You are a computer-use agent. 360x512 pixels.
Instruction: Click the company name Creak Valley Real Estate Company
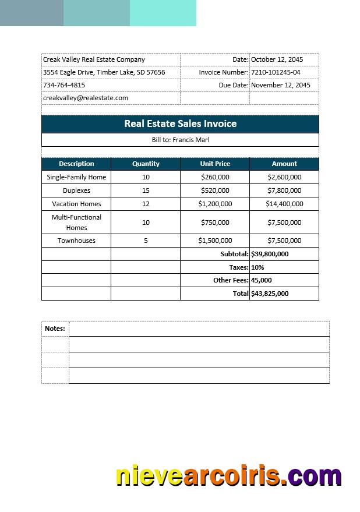point(94,59)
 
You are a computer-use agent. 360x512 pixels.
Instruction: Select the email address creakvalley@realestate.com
point(86,98)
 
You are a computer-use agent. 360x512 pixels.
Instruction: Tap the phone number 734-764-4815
point(64,85)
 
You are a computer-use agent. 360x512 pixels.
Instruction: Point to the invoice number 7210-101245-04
point(276,72)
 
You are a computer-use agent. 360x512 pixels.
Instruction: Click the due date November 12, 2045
point(280,85)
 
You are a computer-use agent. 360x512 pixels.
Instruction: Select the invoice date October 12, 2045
point(277,59)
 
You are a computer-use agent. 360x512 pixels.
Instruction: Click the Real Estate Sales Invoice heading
point(180,123)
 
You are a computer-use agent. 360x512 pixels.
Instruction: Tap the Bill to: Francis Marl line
point(180,140)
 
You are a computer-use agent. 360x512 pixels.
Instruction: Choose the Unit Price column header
point(215,164)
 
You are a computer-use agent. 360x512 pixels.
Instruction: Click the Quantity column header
point(146,164)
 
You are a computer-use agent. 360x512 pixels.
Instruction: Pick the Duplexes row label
point(76,190)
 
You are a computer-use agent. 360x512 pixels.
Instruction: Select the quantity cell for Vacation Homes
point(146,204)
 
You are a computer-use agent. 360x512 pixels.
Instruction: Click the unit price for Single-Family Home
point(215,177)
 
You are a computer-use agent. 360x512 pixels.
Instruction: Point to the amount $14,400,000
point(284,204)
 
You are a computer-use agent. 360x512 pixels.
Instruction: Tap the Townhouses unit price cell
point(215,241)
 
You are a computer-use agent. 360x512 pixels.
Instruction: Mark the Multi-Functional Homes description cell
point(76,223)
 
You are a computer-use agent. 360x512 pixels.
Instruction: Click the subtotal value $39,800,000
point(270,254)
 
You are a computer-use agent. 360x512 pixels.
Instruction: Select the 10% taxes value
point(257,267)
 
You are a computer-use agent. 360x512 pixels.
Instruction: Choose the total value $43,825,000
point(270,294)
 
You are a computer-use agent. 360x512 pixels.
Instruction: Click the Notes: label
point(55,329)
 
